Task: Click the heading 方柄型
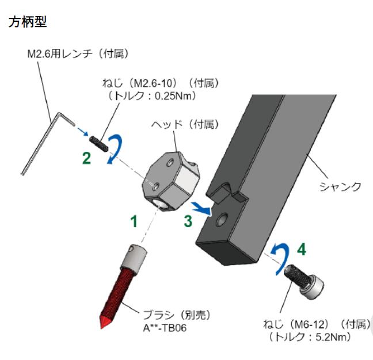point(28,23)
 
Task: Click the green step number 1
point(134,221)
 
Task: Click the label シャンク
point(341,186)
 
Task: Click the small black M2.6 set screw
point(98,141)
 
